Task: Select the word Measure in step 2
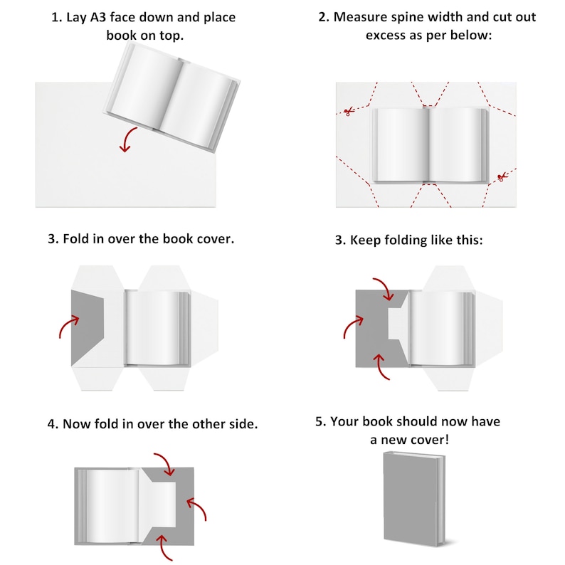[364, 17]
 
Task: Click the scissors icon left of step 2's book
[348, 112]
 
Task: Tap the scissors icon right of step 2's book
[501, 176]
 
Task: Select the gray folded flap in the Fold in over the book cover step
[86, 327]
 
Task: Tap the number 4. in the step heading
[53, 424]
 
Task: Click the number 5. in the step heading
[321, 422]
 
